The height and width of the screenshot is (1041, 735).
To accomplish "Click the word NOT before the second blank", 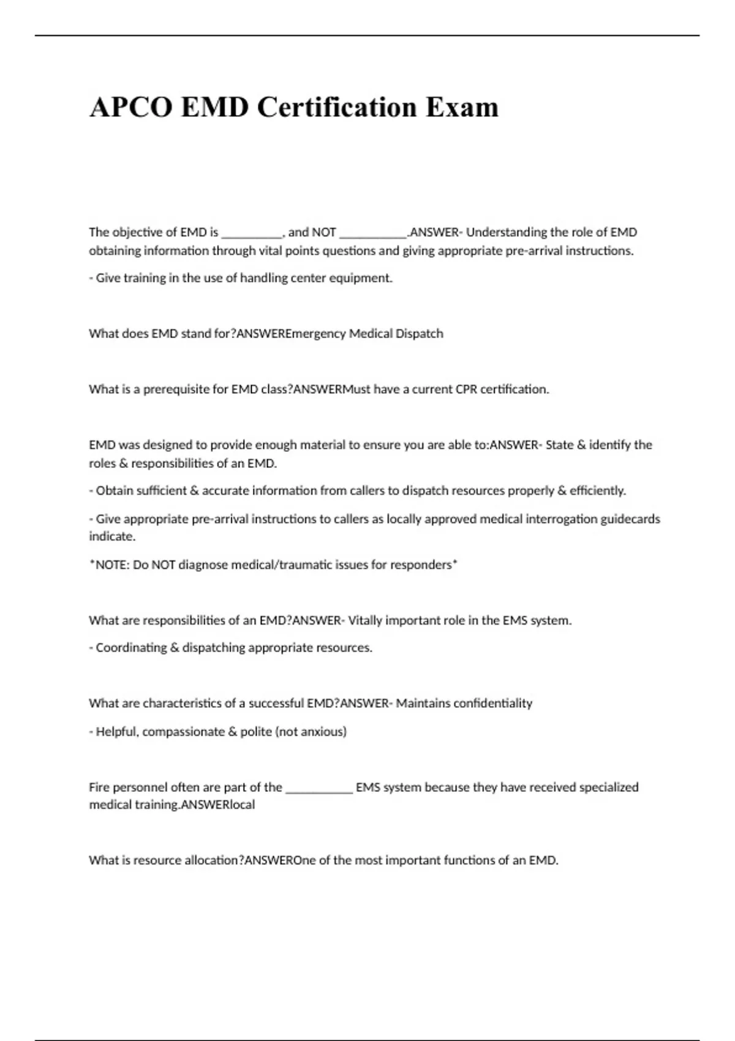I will [324, 233].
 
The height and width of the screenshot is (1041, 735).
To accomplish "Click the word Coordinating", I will [131, 648].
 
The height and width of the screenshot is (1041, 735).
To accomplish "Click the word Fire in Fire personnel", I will [99, 787].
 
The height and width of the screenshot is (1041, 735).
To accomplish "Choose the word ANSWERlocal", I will [218, 805].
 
